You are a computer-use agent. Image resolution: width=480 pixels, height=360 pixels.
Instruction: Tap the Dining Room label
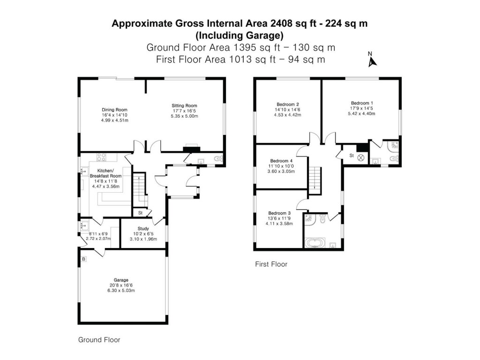pyautogui.click(x=114, y=110)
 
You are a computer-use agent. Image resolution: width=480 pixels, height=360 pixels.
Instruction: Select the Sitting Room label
pyautogui.click(x=184, y=105)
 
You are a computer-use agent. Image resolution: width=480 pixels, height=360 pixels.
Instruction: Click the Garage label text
pyautogui.click(x=121, y=280)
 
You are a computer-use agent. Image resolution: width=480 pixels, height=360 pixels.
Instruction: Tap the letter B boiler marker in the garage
pyautogui.click(x=83, y=259)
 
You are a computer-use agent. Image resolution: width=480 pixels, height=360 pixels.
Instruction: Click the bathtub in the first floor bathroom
pyautogui.click(x=317, y=243)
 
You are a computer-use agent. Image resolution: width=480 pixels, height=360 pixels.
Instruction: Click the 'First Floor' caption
pyautogui.click(x=271, y=264)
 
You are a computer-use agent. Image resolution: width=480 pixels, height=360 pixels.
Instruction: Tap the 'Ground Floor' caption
pyautogui.click(x=99, y=340)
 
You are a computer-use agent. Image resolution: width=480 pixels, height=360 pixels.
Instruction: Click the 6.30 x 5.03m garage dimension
pyautogui.click(x=121, y=291)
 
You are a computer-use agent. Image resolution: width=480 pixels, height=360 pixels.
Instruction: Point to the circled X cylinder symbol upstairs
pyautogui.click(x=360, y=158)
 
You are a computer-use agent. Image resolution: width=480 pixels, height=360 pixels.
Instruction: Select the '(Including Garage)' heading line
pyautogui.click(x=240, y=35)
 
